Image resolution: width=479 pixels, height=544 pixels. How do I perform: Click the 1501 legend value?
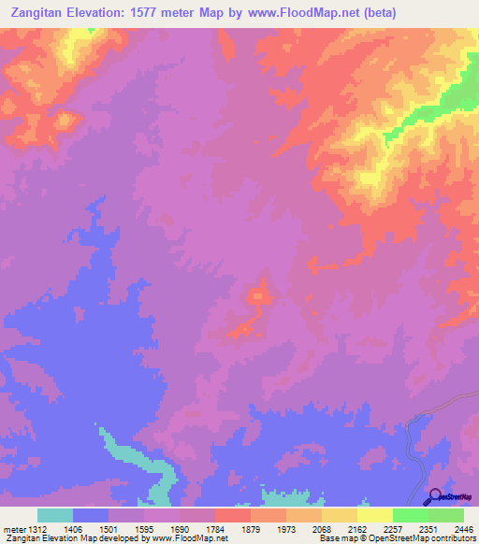tap(109, 529)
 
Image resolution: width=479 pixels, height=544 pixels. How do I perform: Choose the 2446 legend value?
tap(464, 529)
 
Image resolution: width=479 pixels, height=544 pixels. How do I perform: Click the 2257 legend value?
tap(394, 529)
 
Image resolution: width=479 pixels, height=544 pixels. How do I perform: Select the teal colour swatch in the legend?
tap(55, 515)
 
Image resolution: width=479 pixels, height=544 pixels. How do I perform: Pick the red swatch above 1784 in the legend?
tap(233, 515)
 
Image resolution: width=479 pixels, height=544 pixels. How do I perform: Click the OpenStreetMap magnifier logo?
tap(434, 498)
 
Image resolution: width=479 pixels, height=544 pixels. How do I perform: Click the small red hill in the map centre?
tap(258, 297)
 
